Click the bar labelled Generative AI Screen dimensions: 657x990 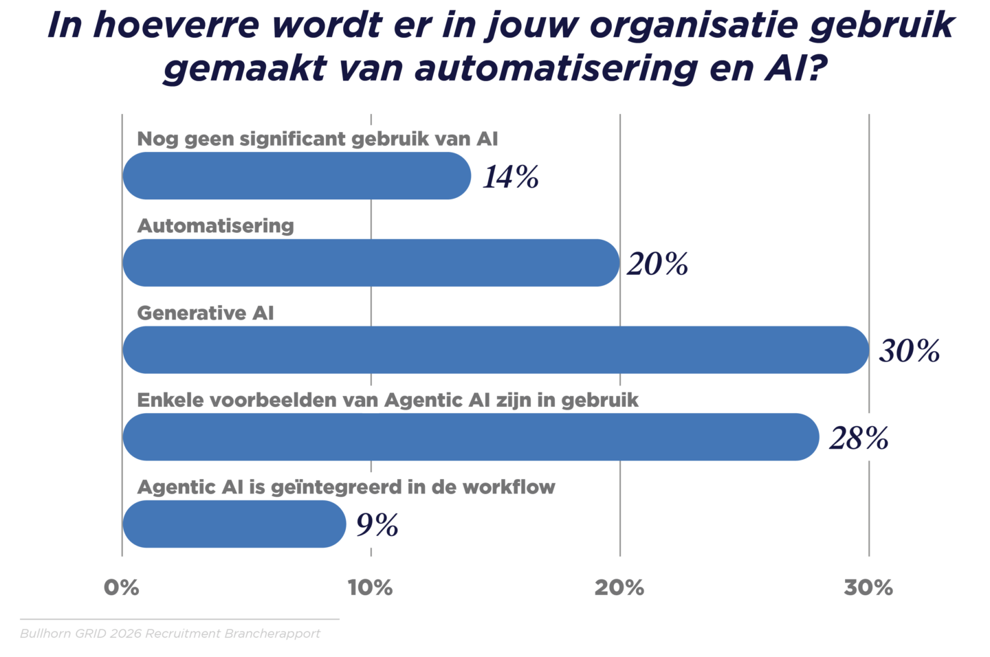(495, 350)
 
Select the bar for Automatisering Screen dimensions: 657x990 (371, 263)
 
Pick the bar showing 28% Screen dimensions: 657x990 (471, 437)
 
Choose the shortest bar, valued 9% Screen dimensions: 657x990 (234, 524)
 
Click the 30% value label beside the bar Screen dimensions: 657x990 (909, 350)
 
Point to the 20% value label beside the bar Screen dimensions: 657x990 (657, 264)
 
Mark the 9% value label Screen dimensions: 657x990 (377, 525)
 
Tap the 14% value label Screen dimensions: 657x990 (510, 177)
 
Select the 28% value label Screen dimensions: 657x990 (859, 438)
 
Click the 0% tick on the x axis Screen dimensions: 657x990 (122, 588)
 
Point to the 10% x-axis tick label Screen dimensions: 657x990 (371, 588)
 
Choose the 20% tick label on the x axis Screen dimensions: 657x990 (619, 588)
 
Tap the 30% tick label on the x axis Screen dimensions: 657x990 (868, 588)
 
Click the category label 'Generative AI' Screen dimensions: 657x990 (206, 313)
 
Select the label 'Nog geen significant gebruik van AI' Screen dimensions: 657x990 (318, 139)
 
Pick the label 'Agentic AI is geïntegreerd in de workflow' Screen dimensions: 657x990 (346, 487)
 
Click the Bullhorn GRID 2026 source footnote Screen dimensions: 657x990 (170, 634)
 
